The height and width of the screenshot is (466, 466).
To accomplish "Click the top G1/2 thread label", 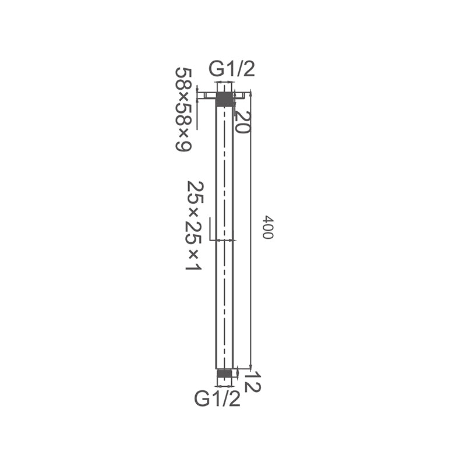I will [232, 70].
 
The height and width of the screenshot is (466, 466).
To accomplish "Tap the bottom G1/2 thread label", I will [217, 399].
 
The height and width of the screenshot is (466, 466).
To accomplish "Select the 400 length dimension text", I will [267, 227].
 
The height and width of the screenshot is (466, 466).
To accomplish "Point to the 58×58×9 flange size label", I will [183, 109].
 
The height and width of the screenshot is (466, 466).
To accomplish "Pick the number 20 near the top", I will [242, 121].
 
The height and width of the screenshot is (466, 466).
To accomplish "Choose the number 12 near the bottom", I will [252, 383].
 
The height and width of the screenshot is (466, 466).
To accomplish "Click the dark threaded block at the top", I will [224, 99].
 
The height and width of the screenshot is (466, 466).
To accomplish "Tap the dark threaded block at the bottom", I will [224, 373].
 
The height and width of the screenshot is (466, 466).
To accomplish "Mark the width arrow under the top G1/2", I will [224, 85].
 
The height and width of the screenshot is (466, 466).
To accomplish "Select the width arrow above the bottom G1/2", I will [224, 384].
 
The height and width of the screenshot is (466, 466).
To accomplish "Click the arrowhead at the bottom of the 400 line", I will [250, 366].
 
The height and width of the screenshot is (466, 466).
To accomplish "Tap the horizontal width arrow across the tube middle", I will [224, 239].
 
